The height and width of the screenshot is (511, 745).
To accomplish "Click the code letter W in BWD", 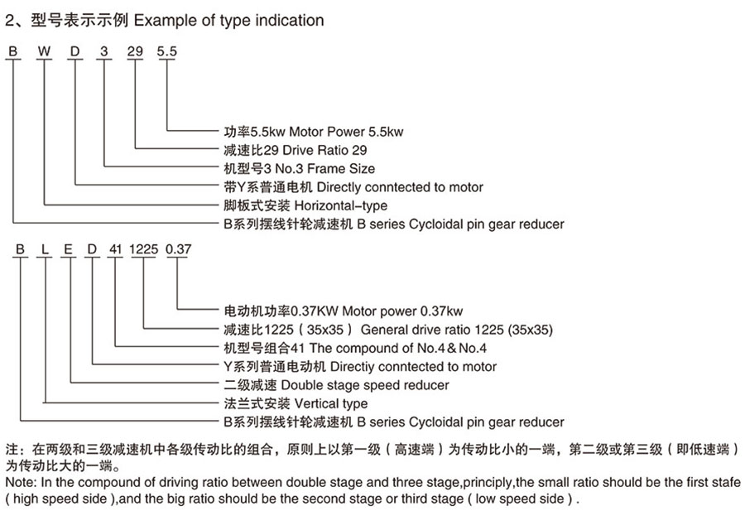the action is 44,51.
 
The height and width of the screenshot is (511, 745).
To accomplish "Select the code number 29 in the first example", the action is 135,51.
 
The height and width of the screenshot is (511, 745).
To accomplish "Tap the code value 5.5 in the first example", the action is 166,51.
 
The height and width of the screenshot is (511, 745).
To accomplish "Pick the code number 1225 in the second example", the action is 143,249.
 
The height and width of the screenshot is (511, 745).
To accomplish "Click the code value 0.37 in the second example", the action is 178,249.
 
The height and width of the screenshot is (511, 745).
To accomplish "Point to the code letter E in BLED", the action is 68,249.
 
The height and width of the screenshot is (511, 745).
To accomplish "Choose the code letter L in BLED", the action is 45,249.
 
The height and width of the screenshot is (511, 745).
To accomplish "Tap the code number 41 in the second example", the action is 115,249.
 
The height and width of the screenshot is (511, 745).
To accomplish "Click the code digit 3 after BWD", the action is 104,51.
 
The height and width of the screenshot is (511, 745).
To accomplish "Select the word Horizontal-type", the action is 341,206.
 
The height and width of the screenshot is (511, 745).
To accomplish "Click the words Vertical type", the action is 330,403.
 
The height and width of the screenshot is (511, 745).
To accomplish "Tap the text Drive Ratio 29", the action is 324,150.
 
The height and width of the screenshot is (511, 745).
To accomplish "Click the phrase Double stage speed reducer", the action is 365,385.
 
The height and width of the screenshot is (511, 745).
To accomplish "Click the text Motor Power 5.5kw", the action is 346,132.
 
